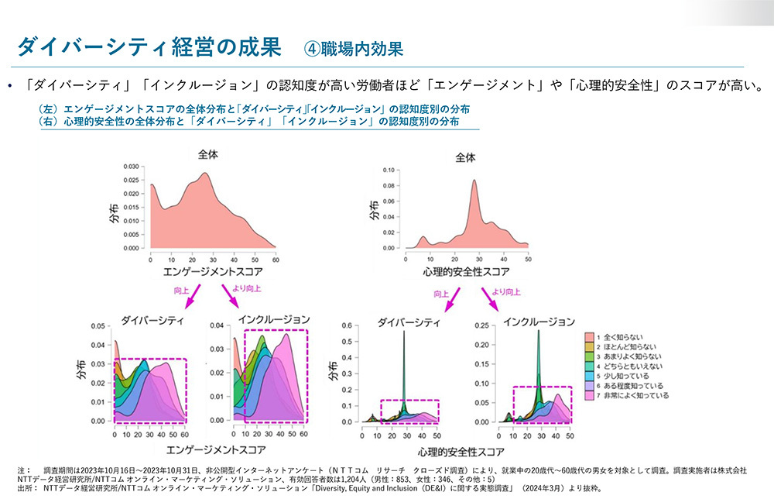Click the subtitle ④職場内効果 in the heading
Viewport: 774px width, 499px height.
(x=353, y=48)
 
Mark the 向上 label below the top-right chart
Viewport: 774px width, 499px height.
(x=441, y=294)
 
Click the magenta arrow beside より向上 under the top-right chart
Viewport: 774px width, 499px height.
(x=491, y=299)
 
